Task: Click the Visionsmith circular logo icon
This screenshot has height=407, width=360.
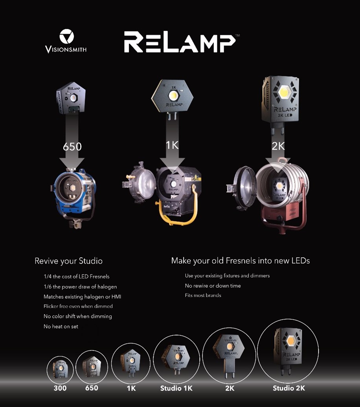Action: click(x=66, y=36)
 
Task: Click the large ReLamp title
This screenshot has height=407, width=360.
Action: click(x=180, y=42)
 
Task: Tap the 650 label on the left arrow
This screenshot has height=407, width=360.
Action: click(x=72, y=147)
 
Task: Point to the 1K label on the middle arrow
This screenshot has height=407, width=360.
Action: click(x=172, y=145)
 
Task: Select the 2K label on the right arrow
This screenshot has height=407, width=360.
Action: click(x=278, y=146)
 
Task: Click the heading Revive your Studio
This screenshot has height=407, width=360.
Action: click(x=68, y=261)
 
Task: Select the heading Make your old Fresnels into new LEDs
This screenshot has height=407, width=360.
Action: click(x=241, y=260)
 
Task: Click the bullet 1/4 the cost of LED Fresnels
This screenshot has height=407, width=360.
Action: click(x=77, y=277)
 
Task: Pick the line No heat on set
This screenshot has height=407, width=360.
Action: click(x=61, y=326)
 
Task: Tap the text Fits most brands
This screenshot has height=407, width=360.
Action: click(x=203, y=295)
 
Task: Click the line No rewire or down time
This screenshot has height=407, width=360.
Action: click(x=213, y=286)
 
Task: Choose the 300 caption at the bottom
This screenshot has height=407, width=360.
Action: click(x=60, y=388)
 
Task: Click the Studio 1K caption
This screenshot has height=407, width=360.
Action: click(x=176, y=388)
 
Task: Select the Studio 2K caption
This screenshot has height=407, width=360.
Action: click(x=289, y=388)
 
